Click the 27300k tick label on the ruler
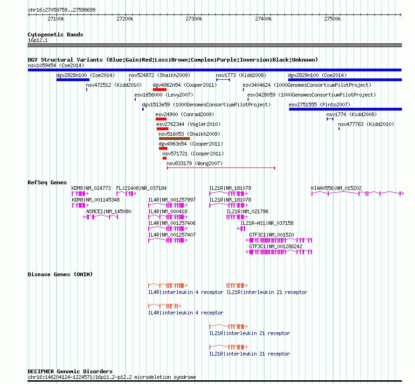click(x=194, y=19)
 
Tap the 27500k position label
click(x=332, y=19)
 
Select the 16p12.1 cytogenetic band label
click(x=38, y=40)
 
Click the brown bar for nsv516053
click(x=174, y=139)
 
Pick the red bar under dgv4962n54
click(x=159, y=90)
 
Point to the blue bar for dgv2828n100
click(x=73, y=80)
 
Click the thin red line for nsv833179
click(x=221, y=168)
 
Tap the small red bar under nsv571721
click(x=165, y=158)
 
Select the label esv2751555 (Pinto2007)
click(x=319, y=105)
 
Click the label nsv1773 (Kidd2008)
click(x=241, y=75)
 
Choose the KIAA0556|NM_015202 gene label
click(x=336, y=188)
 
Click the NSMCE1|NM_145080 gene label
click(x=109, y=211)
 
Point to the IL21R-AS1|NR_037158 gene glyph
click(x=242, y=229)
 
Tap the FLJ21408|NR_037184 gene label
click(x=141, y=188)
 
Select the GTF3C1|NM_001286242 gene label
click(x=276, y=246)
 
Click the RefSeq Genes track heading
click(x=47, y=182)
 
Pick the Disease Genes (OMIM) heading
click(x=60, y=274)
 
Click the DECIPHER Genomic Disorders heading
click(x=70, y=371)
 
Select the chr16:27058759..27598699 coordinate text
click(x=62, y=10)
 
